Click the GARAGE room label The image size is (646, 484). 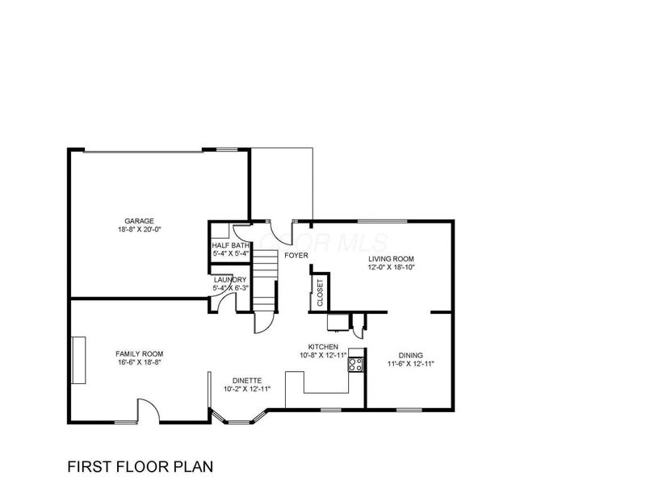tap(139, 220)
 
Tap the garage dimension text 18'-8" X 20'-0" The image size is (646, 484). tap(139, 229)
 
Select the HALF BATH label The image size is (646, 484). tap(230, 245)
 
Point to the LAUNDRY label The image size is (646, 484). tap(230, 279)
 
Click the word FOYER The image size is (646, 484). tap(296, 255)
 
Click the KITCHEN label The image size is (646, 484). tap(322, 346)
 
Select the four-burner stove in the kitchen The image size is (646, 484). tap(355, 364)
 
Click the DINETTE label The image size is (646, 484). tap(246, 380)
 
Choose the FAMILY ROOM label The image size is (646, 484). tap(139, 354)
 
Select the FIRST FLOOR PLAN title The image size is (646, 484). tap(141, 466)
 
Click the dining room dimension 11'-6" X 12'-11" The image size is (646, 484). tap(412, 364)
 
